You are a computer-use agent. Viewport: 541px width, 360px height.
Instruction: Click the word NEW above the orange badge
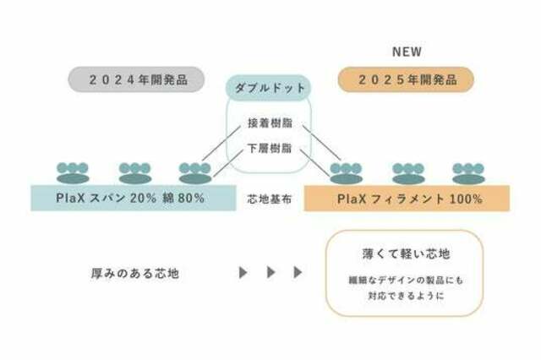pos(407,52)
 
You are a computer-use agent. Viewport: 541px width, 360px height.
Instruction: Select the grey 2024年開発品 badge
pos(136,79)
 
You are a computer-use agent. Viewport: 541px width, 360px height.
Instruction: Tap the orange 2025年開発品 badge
pos(406,79)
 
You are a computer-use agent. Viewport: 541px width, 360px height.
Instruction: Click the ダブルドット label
pos(269,88)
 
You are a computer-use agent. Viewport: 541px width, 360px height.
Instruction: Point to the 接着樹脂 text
pos(270,123)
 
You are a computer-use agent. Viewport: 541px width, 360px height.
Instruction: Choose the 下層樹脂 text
pos(270,148)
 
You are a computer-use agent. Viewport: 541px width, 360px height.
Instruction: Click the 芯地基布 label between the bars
pos(270,199)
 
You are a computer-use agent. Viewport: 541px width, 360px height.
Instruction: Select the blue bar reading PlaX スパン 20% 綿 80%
pos(134,199)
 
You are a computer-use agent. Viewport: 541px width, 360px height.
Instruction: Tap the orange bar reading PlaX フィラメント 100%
pos(407,199)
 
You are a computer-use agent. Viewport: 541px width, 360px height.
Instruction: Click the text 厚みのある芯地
pos(135,274)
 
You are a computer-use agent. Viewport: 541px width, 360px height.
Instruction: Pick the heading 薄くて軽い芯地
pos(406,254)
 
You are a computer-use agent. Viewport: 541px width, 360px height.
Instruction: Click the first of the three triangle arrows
pos(243,272)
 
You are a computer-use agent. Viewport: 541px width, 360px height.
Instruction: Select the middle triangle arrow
pos(271,272)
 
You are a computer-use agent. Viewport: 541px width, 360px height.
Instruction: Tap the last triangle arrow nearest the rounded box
pos(298,272)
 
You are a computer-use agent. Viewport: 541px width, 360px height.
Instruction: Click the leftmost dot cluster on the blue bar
pos(73,173)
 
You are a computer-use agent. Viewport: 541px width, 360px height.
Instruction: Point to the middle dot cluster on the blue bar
pos(135,173)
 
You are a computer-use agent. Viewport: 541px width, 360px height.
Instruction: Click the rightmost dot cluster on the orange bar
pos(468,173)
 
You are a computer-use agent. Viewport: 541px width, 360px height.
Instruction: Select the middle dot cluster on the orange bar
pos(408,173)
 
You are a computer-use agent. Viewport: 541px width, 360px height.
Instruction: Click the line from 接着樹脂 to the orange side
pos(322,143)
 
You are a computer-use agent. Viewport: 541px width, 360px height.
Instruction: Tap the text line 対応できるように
pos(406,296)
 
